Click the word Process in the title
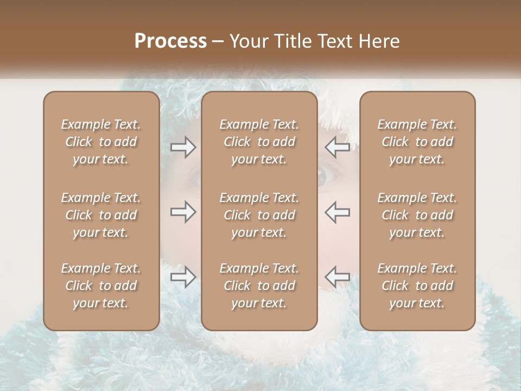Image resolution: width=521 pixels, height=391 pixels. (170, 41)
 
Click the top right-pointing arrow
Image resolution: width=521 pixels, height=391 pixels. (183, 147)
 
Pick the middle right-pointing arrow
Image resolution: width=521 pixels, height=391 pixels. (183, 212)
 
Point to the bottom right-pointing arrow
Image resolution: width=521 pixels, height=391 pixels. (183, 277)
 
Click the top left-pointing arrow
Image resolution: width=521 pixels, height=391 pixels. (337, 147)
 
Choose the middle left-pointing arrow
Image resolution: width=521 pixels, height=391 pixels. (337, 212)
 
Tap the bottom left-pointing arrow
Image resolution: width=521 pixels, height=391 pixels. (337, 277)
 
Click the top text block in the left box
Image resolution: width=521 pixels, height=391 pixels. (101, 142)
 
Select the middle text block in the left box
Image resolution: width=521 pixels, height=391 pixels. (101, 215)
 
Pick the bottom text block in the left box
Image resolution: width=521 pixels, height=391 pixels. (101, 286)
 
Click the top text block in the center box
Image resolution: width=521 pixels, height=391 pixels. (259, 142)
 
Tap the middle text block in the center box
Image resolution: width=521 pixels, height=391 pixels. (259, 215)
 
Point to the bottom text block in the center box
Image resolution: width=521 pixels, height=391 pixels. (259, 286)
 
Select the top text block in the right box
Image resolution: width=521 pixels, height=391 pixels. (417, 142)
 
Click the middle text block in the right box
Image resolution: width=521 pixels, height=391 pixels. (417, 215)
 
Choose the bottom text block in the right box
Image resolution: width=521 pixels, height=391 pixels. (417, 286)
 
